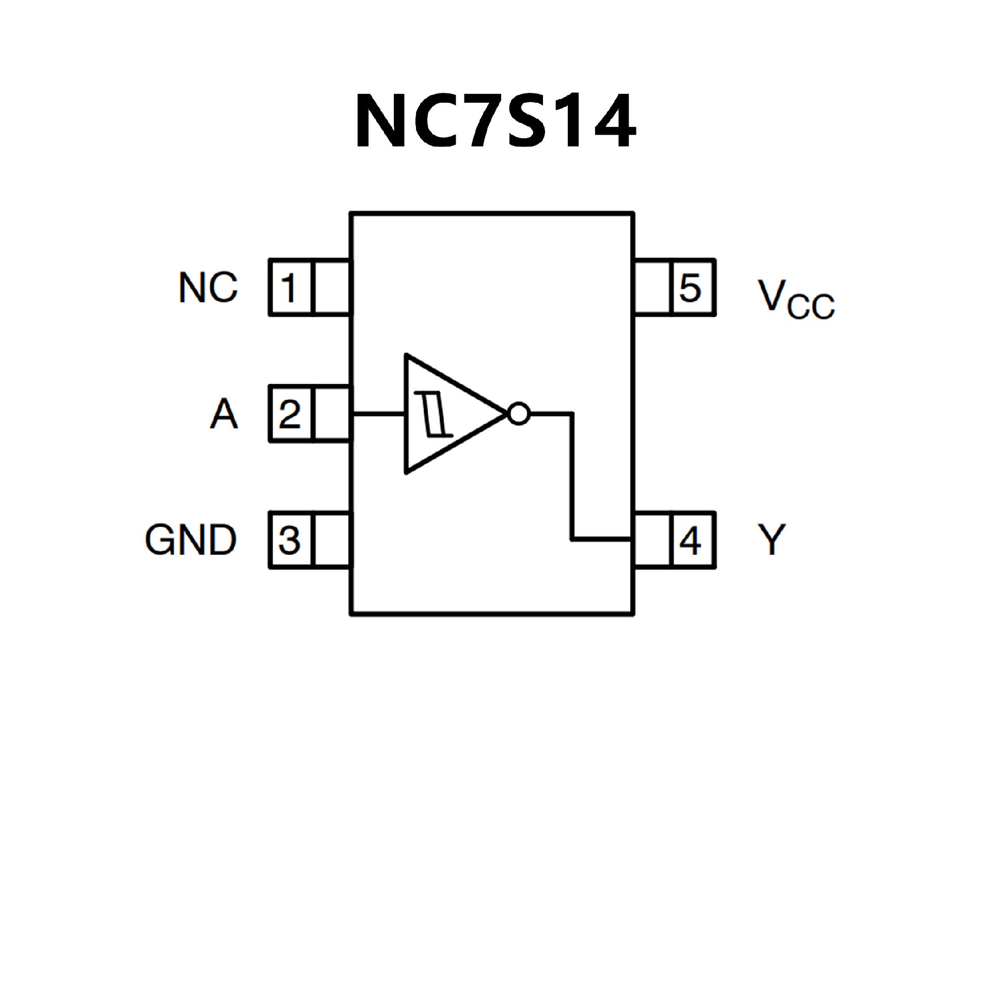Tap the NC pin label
(x=208, y=287)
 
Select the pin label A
(x=224, y=414)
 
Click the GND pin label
(x=190, y=540)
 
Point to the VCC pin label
(x=795, y=298)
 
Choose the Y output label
(x=771, y=540)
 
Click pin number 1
(x=290, y=287)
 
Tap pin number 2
(x=290, y=414)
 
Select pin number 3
(x=290, y=540)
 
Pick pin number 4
(x=691, y=540)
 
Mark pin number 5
(x=691, y=287)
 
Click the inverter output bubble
(x=518, y=413)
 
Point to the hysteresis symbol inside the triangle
(x=434, y=413)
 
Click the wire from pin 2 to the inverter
(x=378, y=413)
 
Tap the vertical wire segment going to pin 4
(x=572, y=475)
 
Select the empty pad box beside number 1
(x=332, y=287)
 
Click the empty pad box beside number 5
(x=652, y=287)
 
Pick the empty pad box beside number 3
(x=332, y=540)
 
